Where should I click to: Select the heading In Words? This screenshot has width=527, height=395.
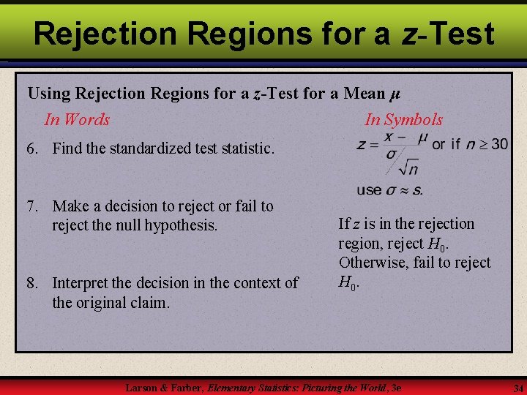(77, 119)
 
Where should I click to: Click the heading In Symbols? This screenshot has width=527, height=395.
(404, 119)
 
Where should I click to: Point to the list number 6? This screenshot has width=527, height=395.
(32, 148)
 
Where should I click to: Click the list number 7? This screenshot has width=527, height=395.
(32, 206)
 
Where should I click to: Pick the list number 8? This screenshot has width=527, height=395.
(32, 282)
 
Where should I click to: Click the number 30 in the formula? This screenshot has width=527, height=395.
(498, 144)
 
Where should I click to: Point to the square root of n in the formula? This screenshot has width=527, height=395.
(408, 168)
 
